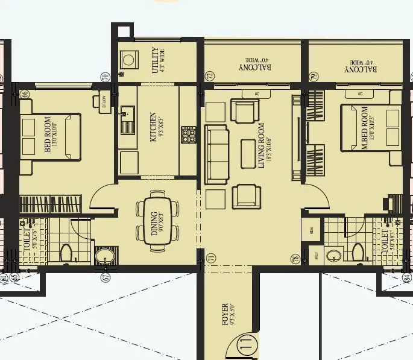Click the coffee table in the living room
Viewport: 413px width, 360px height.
pyautogui.click(x=248, y=154)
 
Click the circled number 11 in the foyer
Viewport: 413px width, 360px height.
pyautogui.click(x=245, y=346)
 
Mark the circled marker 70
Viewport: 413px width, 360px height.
pyautogui.click(x=104, y=77)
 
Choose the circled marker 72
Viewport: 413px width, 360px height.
pyautogui.click(x=210, y=76)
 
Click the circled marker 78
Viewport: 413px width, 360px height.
pyautogui.click(x=295, y=259)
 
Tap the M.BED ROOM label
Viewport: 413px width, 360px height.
pyautogui.click(x=364, y=133)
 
